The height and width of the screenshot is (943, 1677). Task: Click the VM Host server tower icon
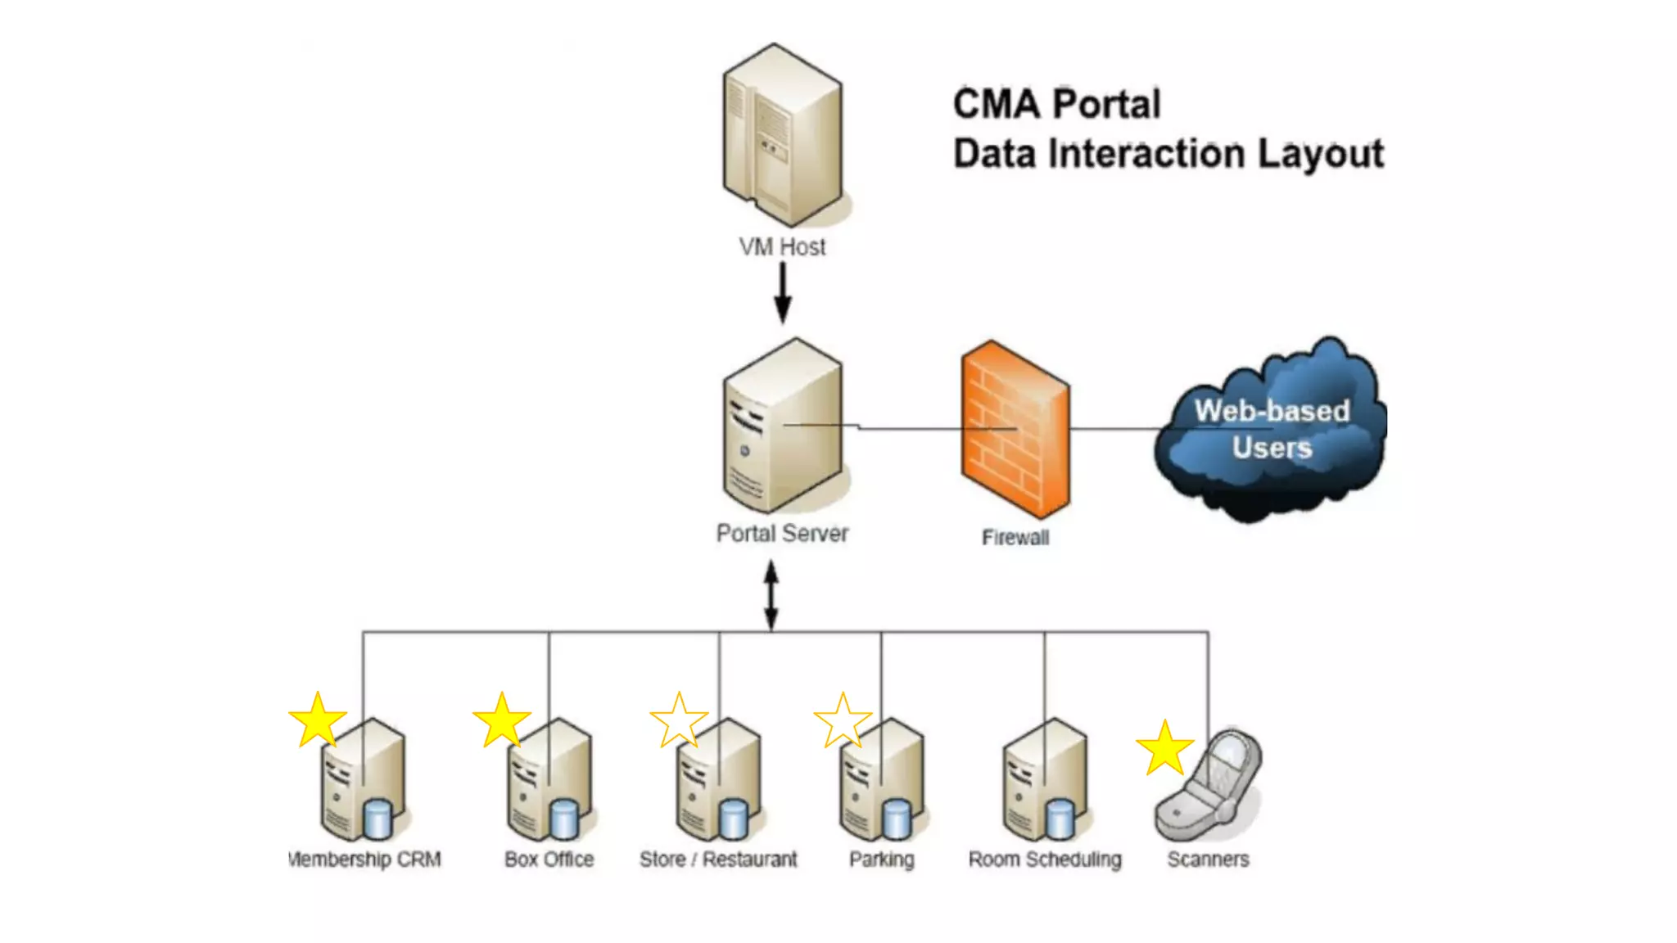click(x=782, y=135)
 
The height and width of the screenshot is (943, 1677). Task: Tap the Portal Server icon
click(x=782, y=426)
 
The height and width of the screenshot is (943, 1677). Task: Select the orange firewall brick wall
click(x=1015, y=430)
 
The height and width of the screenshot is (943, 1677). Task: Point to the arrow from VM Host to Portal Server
click(x=783, y=292)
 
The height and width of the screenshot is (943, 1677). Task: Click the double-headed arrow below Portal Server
click(x=771, y=595)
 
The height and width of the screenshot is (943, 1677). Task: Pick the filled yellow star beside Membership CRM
click(x=318, y=720)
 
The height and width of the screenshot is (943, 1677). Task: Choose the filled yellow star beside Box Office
click(x=502, y=720)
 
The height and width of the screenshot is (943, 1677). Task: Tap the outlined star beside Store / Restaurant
click(x=679, y=721)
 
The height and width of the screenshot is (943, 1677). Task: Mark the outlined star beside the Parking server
click(x=843, y=721)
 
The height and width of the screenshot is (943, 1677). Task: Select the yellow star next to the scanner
click(x=1164, y=748)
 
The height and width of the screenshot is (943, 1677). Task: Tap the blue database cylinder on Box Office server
click(x=563, y=819)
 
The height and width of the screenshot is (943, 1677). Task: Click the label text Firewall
click(x=1015, y=538)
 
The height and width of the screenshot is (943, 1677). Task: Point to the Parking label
click(x=881, y=860)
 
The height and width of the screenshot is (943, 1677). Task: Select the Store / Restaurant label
click(x=717, y=860)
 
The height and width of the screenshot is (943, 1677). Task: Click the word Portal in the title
click(x=1106, y=105)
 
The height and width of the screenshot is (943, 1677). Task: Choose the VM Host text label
click(x=782, y=247)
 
